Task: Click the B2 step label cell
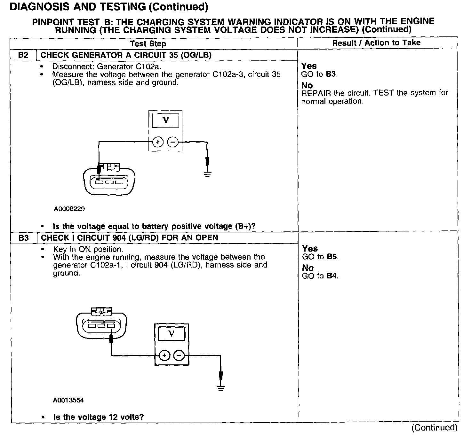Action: [x=23, y=55]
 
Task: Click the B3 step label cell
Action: [x=24, y=238]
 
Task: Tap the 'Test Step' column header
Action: [x=148, y=44]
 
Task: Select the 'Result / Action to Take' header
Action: [x=376, y=43]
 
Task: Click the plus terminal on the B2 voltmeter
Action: [x=158, y=142]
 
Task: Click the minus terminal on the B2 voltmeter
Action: [x=173, y=142]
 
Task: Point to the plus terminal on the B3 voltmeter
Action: [x=164, y=355]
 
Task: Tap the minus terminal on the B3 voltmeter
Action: [x=179, y=355]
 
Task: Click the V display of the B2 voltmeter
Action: [x=165, y=120]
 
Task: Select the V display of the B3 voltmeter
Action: [x=172, y=334]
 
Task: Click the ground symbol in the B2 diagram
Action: [x=207, y=174]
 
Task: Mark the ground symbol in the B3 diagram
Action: [x=220, y=388]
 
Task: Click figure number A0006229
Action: [x=69, y=209]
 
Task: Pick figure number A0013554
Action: [x=68, y=400]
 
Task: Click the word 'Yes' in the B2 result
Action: [x=309, y=66]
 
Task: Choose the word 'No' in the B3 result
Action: [x=307, y=268]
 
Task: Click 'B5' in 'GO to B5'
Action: [x=333, y=257]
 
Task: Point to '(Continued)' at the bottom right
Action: [x=434, y=428]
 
